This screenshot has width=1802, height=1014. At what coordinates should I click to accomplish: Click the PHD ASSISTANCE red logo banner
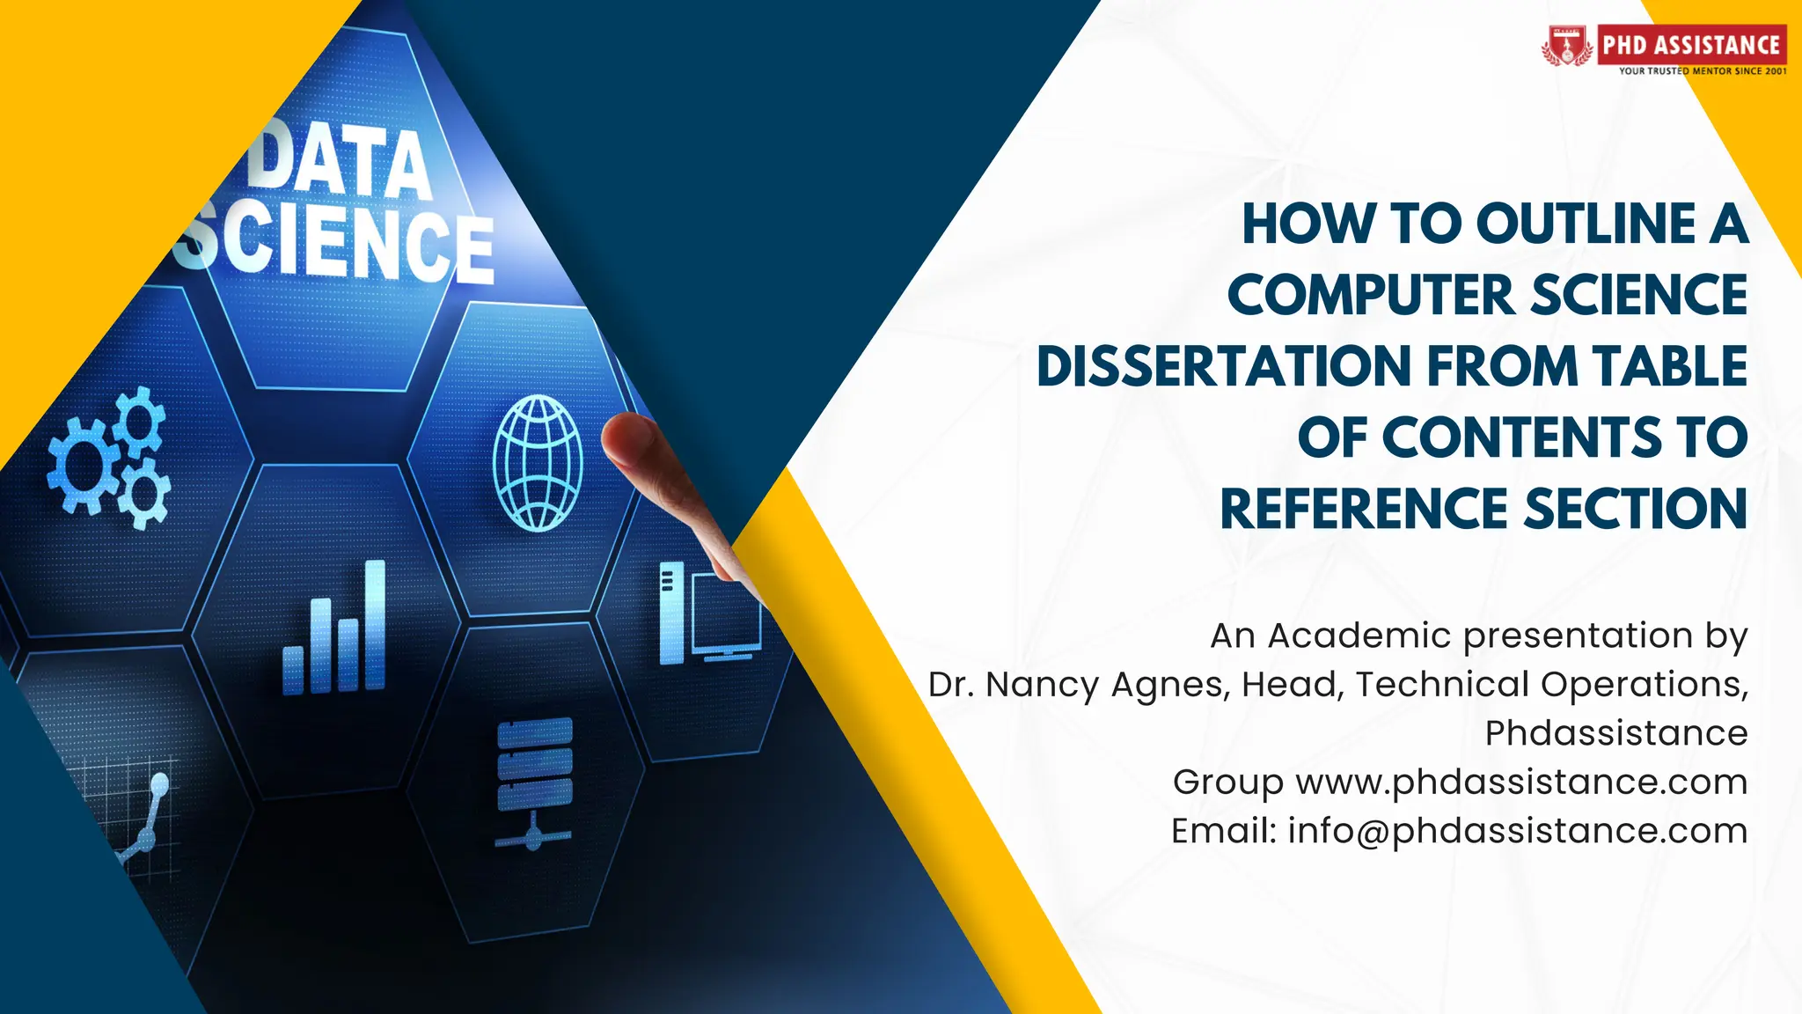(x=1690, y=44)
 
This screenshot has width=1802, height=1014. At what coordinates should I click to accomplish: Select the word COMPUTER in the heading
(x=1372, y=295)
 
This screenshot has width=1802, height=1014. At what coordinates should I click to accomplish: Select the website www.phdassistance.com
(x=1521, y=782)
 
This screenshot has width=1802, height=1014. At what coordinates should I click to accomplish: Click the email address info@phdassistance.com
(x=1518, y=831)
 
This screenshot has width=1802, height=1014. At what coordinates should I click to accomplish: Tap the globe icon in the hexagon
(x=538, y=463)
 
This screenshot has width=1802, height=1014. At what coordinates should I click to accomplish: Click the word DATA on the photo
(x=340, y=162)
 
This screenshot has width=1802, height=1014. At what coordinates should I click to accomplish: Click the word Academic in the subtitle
(x=1359, y=636)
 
